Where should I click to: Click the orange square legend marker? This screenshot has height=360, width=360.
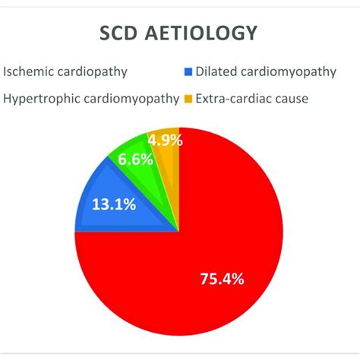(x=186, y=99)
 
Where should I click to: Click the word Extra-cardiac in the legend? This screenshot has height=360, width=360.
(x=231, y=99)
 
